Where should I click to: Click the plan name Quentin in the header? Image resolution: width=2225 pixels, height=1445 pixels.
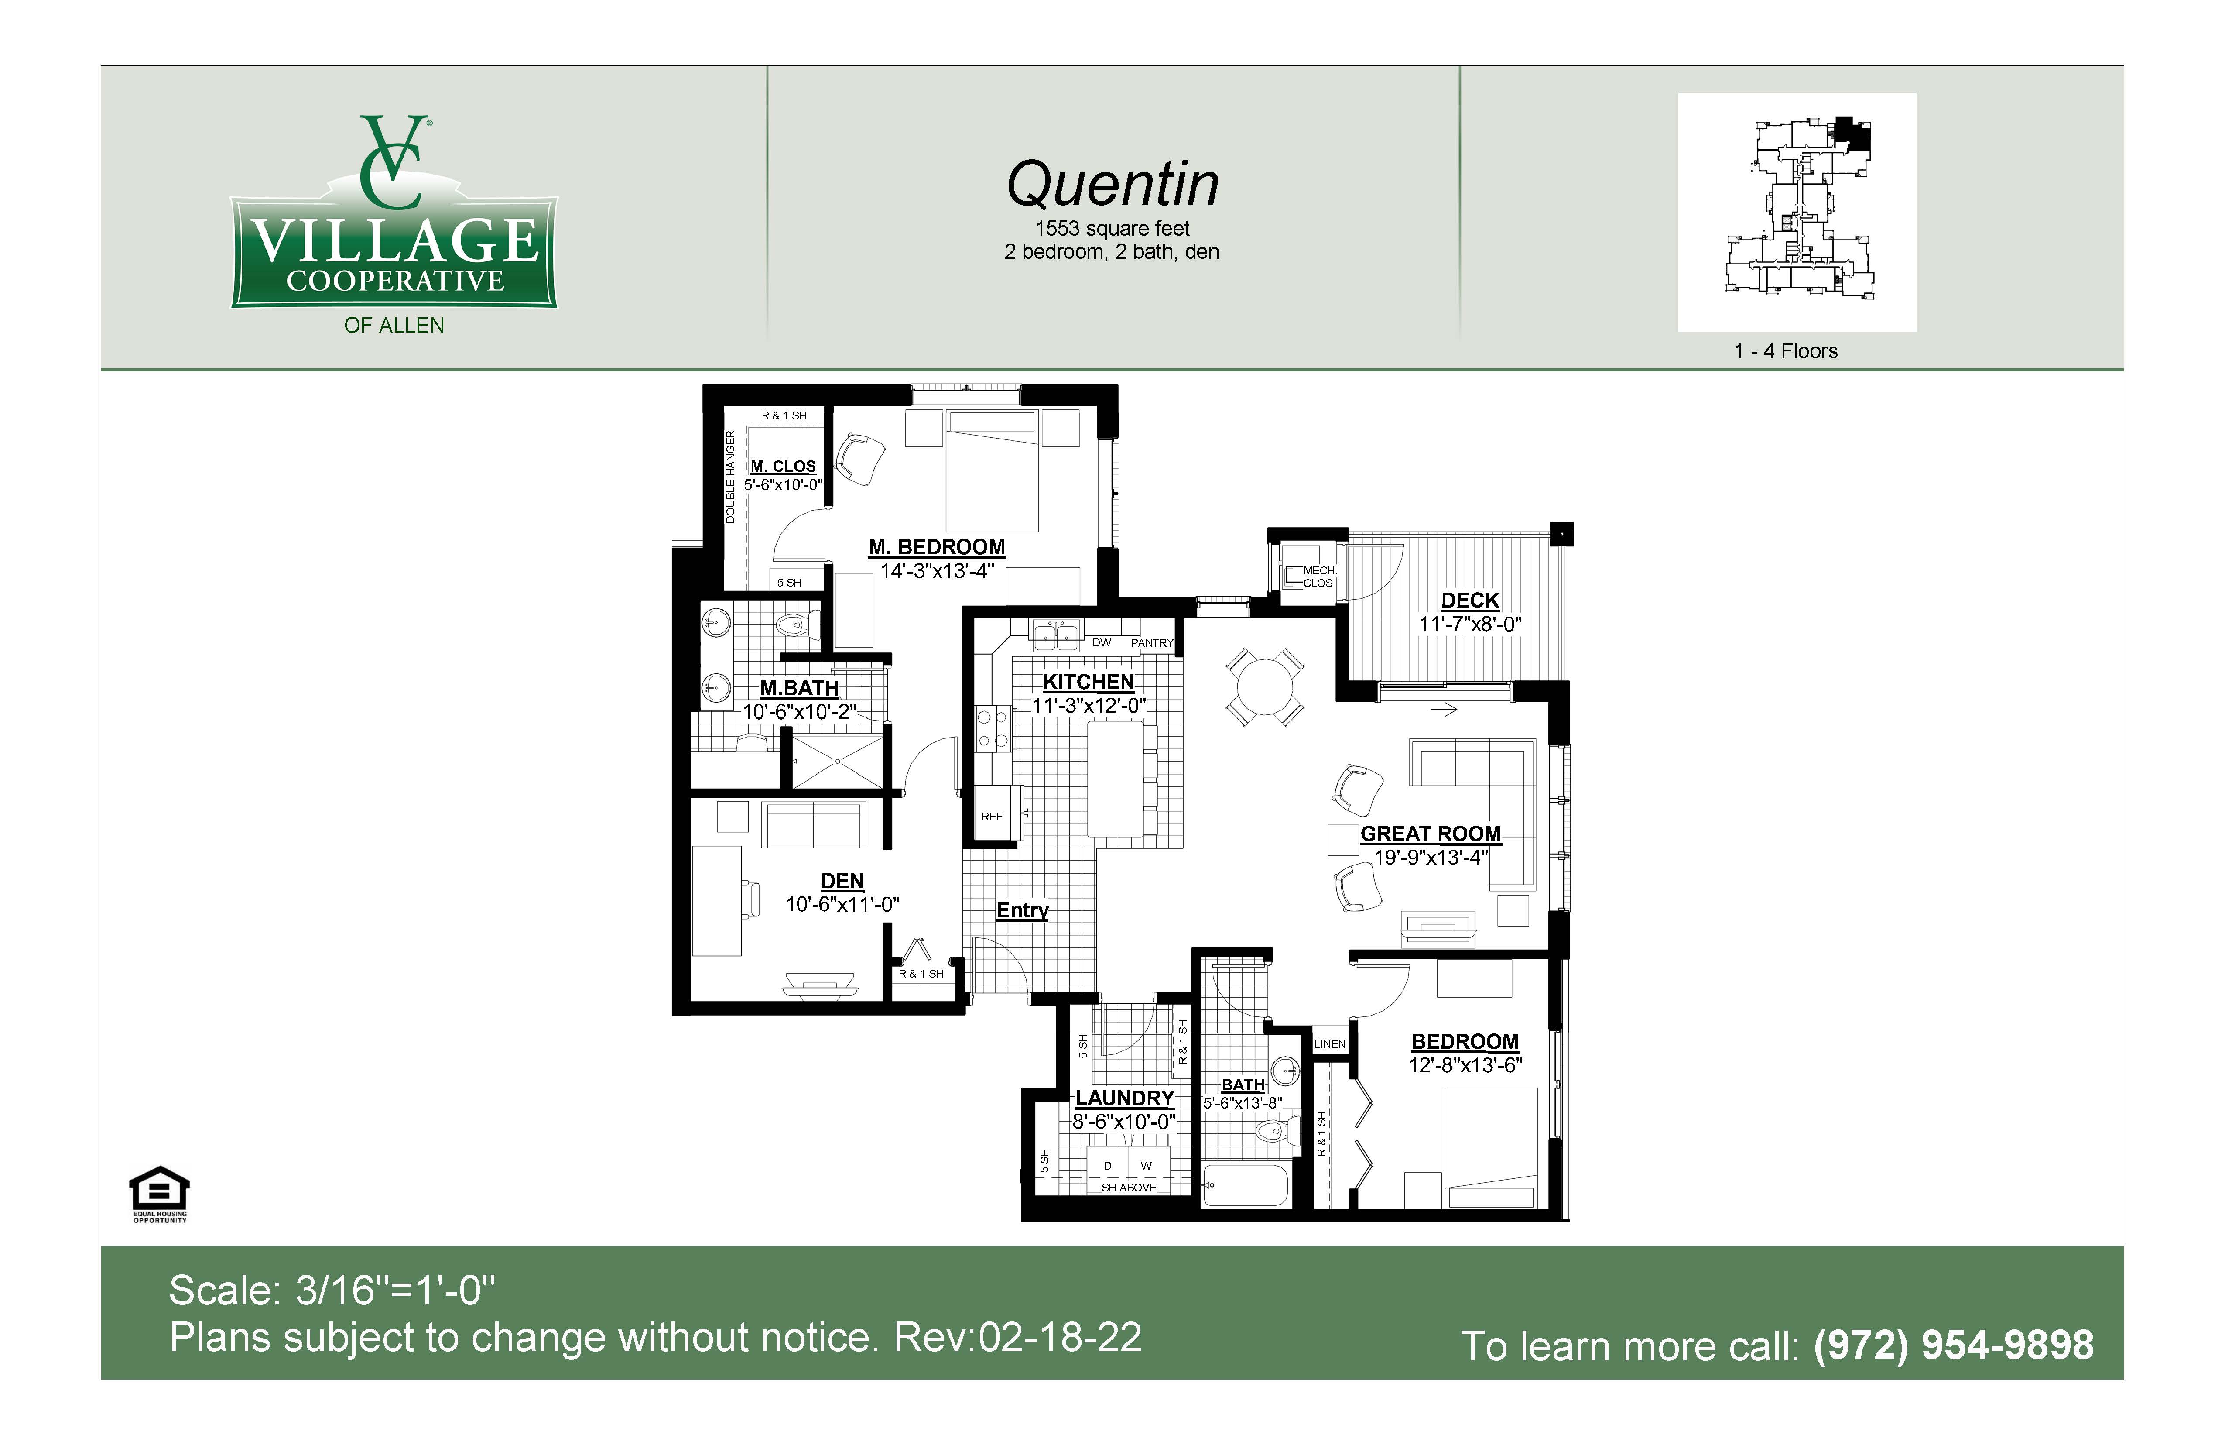1112,184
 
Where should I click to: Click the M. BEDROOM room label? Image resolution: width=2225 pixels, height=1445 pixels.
937,547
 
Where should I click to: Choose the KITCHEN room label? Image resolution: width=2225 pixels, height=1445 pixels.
1088,683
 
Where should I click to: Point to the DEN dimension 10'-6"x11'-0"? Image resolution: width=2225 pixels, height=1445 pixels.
842,904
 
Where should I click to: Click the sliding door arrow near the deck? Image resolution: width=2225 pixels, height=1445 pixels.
1445,710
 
